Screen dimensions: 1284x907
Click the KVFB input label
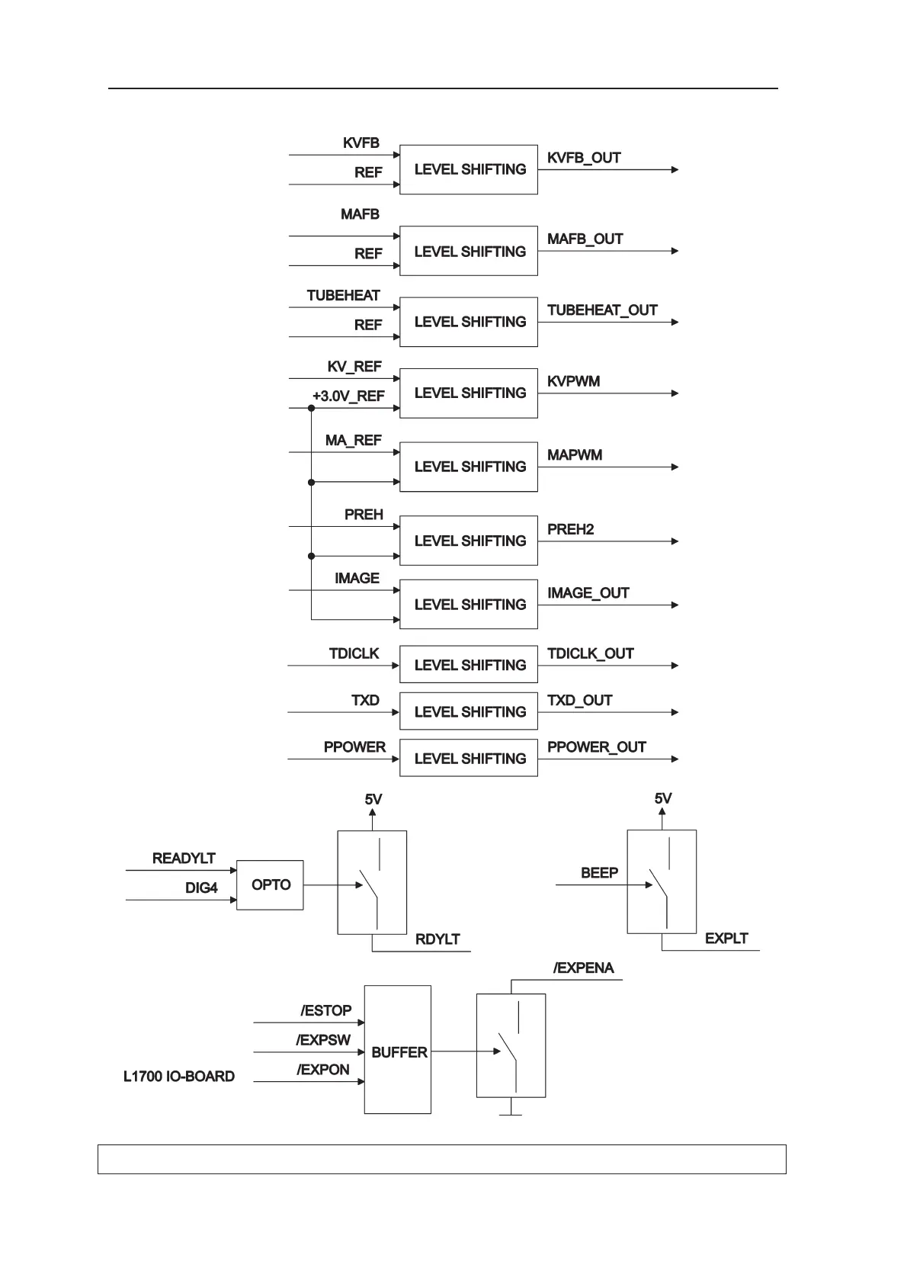click(x=361, y=143)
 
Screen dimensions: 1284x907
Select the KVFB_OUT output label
click(x=584, y=158)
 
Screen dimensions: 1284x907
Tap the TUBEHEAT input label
click(x=343, y=296)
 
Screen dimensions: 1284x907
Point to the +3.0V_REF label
click(x=348, y=396)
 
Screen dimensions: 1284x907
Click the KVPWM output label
click(x=573, y=381)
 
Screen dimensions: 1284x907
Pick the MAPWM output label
click(x=575, y=455)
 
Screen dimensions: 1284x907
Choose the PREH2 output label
click(x=570, y=529)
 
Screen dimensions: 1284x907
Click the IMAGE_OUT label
click(x=588, y=593)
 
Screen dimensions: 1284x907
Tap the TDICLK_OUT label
click(x=590, y=653)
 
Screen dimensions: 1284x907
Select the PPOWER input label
click(x=354, y=747)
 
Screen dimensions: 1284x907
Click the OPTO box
click(x=271, y=885)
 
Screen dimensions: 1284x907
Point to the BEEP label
click(x=599, y=873)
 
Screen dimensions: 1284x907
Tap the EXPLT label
click(x=726, y=939)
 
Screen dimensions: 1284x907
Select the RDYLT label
click(x=437, y=939)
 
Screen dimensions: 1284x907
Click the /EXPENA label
click(x=583, y=968)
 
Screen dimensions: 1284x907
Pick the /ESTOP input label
click(x=325, y=1011)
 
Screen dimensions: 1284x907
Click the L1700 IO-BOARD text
click(x=179, y=1077)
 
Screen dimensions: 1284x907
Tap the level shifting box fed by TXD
click(x=469, y=712)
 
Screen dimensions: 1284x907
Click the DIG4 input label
click(x=201, y=888)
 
